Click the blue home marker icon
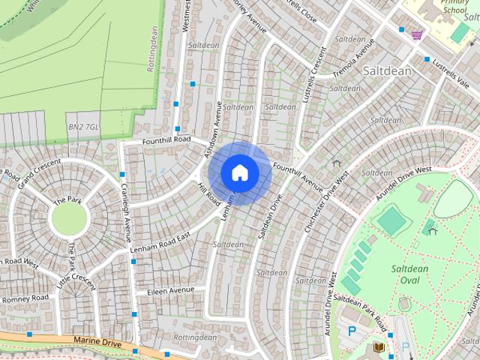tap(240, 172)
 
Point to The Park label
tap(67, 201)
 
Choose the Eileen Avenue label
tap(170, 290)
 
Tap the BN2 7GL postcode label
tap(82, 127)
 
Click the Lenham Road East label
tap(160, 241)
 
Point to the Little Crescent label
tap(76, 283)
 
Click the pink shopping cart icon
tap(416, 34)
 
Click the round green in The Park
tap(69, 218)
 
